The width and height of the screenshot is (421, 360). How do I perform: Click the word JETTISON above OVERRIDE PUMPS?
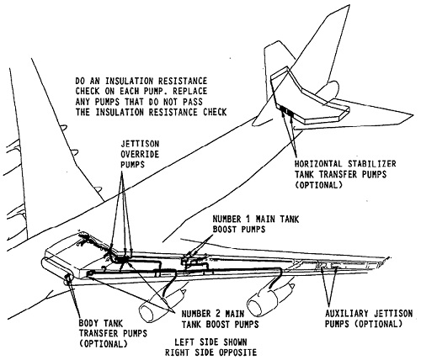[140, 144]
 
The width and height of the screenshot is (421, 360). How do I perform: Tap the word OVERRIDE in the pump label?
[140, 154]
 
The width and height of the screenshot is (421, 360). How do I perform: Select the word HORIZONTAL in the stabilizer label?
[318, 164]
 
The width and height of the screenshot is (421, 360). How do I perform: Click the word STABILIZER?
[372, 164]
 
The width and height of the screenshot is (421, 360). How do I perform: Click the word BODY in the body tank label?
[88, 323]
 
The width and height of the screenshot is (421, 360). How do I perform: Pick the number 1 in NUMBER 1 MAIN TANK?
[249, 219]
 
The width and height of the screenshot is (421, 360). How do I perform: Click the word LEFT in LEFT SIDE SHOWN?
[184, 342]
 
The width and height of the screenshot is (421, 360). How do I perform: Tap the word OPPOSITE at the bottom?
[237, 352]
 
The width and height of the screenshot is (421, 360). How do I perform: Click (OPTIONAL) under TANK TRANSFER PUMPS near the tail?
[318, 185]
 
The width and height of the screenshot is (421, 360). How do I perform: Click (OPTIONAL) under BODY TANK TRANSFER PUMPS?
[103, 343]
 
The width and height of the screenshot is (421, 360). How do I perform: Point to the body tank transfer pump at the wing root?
[67, 278]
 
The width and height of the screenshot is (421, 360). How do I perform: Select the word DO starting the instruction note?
[80, 81]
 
